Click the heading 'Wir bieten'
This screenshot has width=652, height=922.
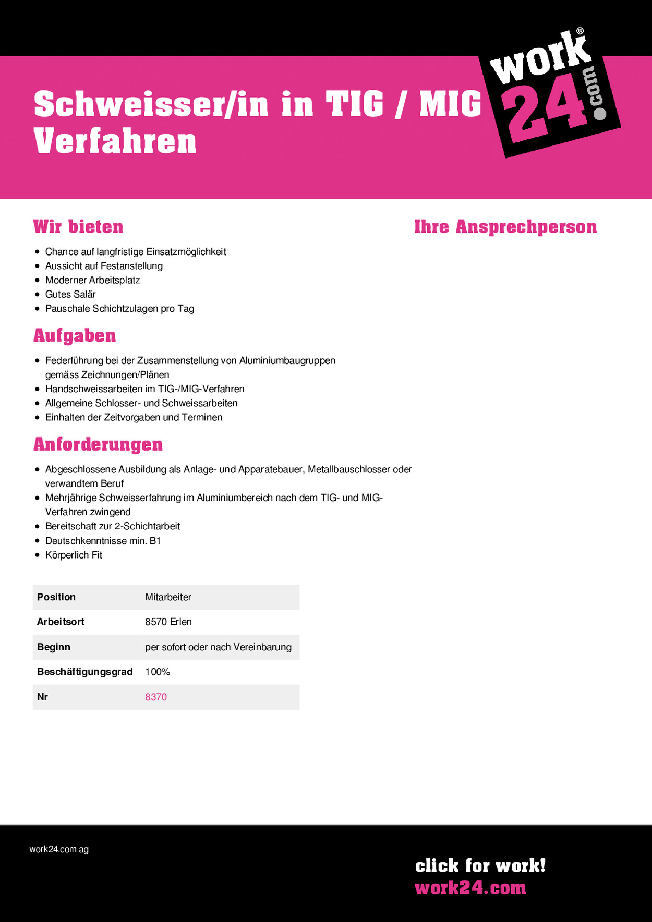point(78,227)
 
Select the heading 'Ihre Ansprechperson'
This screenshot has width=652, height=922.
point(505,227)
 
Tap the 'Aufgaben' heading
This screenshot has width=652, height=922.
point(75,336)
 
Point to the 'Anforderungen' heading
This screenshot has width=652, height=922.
point(98,444)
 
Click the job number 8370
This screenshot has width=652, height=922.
point(156,697)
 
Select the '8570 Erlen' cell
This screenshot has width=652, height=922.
point(168,622)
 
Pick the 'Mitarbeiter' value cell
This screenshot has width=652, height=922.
point(168,597)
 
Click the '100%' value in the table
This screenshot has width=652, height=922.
point(158,672)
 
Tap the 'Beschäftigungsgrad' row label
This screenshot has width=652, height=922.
point(84,672)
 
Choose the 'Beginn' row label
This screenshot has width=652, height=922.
point(53,647)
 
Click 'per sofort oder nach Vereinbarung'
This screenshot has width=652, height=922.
point(218,647)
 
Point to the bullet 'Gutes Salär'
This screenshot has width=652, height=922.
point(70,294)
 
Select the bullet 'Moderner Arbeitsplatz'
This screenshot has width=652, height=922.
point(92,280)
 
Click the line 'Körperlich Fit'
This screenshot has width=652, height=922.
point(74,555)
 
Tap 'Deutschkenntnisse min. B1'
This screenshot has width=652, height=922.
point(103,541)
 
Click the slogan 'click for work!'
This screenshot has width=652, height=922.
point(480,866)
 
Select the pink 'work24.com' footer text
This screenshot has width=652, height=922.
point(470,888)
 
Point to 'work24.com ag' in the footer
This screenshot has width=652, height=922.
point(59,849)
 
